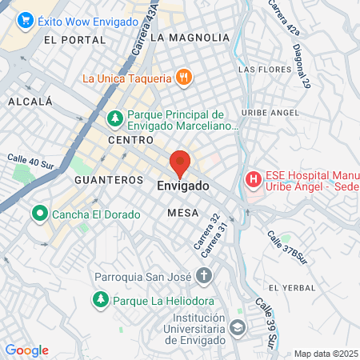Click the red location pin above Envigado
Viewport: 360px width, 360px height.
point(180,162)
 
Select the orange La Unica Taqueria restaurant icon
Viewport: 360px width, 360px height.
point(184,78)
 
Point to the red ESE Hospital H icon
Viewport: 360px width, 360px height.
point(253,178)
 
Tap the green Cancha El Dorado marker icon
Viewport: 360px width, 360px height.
point(38,214)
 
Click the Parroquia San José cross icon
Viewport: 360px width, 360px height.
point(204,277)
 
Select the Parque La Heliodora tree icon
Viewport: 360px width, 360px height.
point(101,300)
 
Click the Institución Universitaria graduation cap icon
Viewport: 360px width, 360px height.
point(238,327)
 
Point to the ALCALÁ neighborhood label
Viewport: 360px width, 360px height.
point(30,102)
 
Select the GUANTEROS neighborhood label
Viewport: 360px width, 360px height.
point(108,180)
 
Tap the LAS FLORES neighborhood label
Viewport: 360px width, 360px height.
point(258,70)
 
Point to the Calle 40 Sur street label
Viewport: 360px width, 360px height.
point(29,160)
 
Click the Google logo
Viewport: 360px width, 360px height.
point(26,350)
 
